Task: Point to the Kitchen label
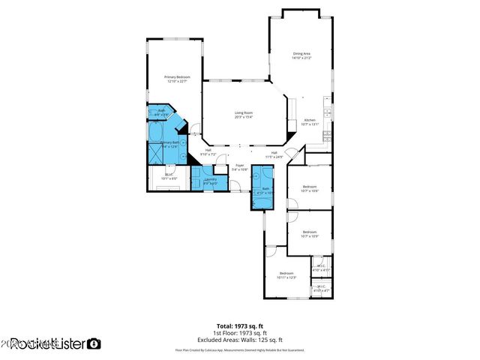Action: tap(310, 122)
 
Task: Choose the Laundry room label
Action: tap(210, 181)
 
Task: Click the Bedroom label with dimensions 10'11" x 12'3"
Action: tap(286, 274)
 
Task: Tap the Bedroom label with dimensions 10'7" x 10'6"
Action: tap(310, 188)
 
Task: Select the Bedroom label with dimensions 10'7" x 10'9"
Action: tap(310, 234)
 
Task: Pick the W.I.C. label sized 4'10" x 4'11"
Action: tap(321, 267)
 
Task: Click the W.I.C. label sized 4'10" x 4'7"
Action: tap(321, 288)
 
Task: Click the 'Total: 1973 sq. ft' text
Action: tap(240, 326)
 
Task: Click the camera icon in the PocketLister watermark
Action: tap(94, 343)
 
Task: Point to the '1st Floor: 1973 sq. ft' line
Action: tap(240, 331)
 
